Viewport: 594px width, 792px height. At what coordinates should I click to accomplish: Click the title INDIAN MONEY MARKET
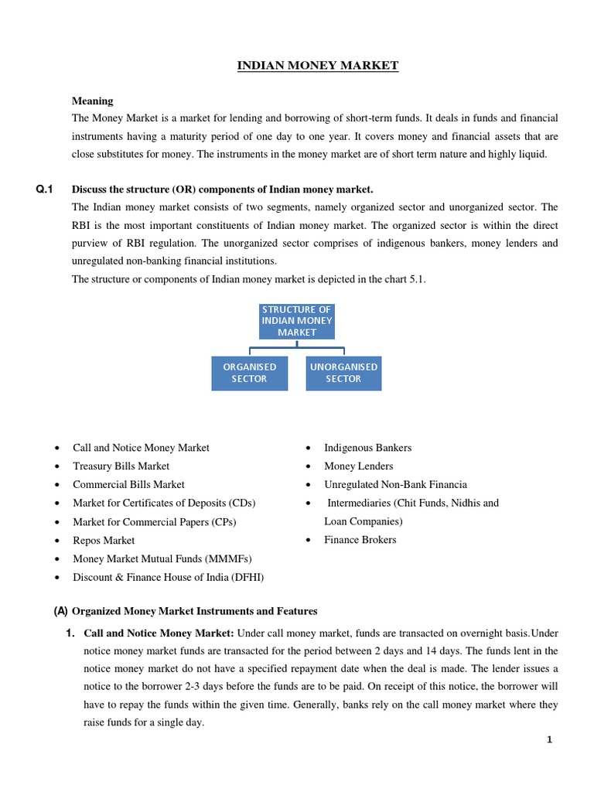tap(317, 66)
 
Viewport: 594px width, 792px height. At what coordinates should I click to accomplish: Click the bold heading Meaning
tap(92, 101)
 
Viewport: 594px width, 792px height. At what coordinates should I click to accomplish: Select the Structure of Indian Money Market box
tap(296, 321)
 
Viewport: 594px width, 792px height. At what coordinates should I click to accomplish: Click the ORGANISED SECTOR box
tap(249, 373)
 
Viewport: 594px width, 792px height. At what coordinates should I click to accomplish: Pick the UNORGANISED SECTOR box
tap(343, 373)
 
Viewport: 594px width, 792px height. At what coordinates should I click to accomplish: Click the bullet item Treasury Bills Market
tap(121, 466)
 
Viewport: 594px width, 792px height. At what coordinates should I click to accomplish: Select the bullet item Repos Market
tap(104, 541)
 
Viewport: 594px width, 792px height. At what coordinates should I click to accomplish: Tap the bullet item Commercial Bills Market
tap(128, 485)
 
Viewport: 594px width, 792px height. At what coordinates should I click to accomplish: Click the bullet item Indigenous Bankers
tap(367, 448)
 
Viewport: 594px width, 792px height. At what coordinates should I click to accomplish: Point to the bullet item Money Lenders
tap(358, 466)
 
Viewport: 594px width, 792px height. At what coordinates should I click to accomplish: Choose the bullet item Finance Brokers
tap(360, 540)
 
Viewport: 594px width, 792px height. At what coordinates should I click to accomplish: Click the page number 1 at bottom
tap(549, 739)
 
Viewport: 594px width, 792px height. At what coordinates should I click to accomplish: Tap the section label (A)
tap(60, 611)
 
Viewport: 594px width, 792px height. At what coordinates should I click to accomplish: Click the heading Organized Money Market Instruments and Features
tap(195, 611)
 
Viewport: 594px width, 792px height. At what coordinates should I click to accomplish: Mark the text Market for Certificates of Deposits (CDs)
tap(164, 504)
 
